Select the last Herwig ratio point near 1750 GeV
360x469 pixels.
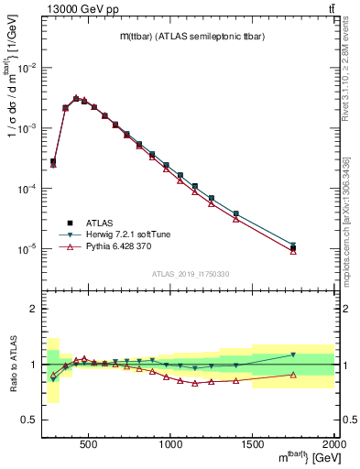click(x=293, y=354)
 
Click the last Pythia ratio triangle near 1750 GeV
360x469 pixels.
click(x=293, y=374)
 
